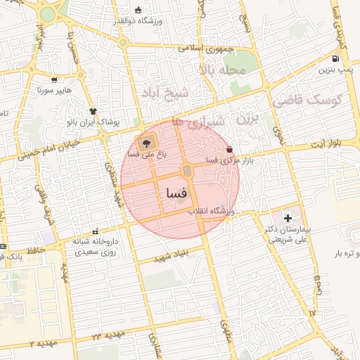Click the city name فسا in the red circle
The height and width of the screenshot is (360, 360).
point(176,192)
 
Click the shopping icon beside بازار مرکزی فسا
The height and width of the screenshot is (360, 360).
point(230,149)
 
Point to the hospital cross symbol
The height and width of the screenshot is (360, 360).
point(288,219)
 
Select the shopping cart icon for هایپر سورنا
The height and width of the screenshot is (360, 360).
point(55,79)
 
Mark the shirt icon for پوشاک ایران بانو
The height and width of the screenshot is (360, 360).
point(92,110)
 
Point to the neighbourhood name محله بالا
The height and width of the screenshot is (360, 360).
point(223,70)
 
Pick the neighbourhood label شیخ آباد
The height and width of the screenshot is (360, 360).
point(171,94)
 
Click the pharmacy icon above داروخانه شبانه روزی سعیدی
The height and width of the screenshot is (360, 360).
point(95,231)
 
